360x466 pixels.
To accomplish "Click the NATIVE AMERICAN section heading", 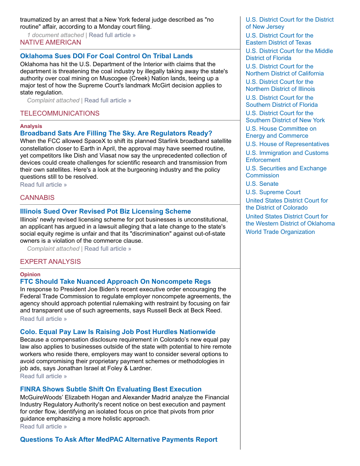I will [x=50, y=42].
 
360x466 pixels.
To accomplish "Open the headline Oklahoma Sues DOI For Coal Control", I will [x=106, y=56].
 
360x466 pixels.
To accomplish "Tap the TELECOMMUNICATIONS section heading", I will [x=60, y=113].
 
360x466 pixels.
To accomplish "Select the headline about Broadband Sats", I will [x=116, y=133].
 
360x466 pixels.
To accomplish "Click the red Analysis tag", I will [x=31, y=126].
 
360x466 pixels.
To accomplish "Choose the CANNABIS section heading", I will [x=37, y=198].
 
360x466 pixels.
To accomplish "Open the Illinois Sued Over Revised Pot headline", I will [x=105, y=211].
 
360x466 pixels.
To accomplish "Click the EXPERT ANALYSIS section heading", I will [x=50, y=262].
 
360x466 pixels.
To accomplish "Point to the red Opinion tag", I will [x=30, y=274].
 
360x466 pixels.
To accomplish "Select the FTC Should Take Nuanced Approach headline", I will [x=115, y=282].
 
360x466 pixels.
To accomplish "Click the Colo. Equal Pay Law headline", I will [x=118, y=332].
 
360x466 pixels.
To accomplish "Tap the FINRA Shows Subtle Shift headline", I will [x=111, y=389].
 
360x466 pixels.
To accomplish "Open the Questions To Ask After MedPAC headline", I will [x=119, y=440].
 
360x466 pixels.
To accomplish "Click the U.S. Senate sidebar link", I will [x=262, y=184].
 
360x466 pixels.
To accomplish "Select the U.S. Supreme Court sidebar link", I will [x=273, y=192].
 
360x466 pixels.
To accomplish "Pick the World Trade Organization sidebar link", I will [x=280, y=232].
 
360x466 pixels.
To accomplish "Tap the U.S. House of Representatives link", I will [x=287, y=144].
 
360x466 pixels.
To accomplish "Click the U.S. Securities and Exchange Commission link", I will [x=286, y=172].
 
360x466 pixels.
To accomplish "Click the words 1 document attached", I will [x=55, y=35].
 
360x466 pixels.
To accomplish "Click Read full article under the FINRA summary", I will [x=43, y=426].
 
